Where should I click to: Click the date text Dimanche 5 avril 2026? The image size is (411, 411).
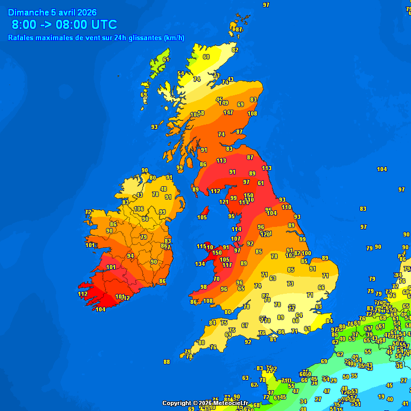[x=56, y=12]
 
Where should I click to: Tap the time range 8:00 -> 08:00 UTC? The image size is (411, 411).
[x=64, y=25]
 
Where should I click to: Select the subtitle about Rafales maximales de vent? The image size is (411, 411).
[x=96, y=37]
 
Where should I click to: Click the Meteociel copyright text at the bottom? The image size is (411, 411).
[x=205, y=403]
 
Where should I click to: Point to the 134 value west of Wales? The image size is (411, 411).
[x=200, y=264]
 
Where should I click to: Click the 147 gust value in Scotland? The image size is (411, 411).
[x=228, y=113]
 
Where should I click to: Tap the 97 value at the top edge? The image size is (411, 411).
[x=266, y=5]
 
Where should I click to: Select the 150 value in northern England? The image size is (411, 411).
[x=248, y=195]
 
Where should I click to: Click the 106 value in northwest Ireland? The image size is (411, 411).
[x=139, y=209]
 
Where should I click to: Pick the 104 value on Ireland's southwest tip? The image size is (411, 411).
[x=101, y=309]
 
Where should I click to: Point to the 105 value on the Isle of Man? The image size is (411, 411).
[x=202, y=217]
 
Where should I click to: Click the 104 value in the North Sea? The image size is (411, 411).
[x=382, y=169]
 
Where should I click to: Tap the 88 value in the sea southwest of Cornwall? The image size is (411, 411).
[x=166, y=362]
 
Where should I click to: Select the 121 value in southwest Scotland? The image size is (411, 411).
[x=224, y=202]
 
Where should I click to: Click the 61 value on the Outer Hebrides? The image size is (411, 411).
[x=166, y=59]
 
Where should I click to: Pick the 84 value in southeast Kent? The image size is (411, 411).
[x=329, y=321]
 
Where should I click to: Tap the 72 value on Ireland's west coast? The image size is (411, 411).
[x=88, y=212]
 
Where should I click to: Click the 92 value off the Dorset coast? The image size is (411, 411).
[x=248, y=342]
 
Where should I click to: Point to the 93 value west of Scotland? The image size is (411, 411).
[x=154, y=127]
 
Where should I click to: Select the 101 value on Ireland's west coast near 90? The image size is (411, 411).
[x=90, y=245]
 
